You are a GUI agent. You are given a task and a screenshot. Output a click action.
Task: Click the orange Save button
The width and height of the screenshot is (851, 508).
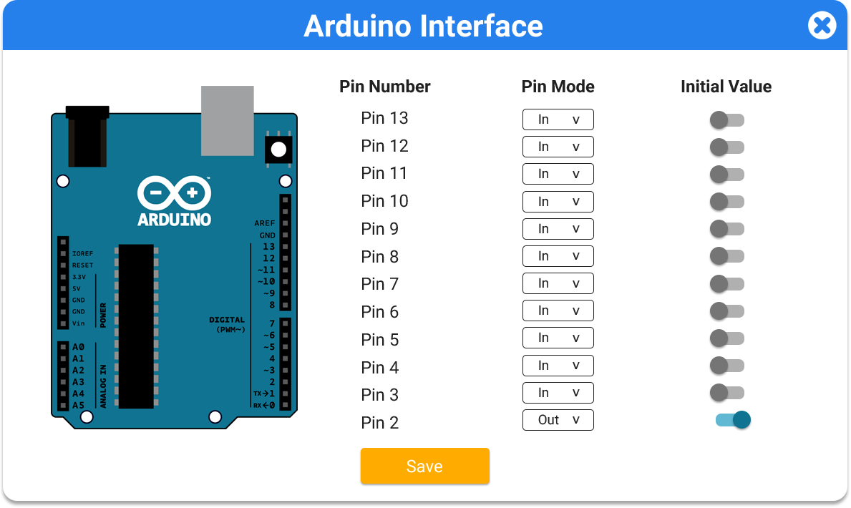pos(425,466)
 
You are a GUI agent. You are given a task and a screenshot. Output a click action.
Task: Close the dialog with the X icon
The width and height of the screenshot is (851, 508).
pos(822,26)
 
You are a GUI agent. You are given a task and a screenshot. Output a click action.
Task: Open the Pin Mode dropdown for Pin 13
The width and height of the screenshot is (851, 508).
pos(558,119)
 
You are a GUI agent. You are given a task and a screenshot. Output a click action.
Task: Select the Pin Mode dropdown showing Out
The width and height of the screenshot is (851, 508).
pos(558,420)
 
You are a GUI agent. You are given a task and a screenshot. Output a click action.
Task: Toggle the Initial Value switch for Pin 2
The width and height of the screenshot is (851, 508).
pos(733,420)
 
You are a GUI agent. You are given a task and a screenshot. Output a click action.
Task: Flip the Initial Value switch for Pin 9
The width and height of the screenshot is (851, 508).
pos(727,229)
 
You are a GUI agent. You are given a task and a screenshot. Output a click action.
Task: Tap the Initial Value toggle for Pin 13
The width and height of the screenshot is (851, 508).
pos(727,120)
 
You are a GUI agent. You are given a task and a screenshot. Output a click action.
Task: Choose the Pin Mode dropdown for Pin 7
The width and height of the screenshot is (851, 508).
pos(558,283)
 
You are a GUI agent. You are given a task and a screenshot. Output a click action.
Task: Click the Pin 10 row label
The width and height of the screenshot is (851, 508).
pos(384,201)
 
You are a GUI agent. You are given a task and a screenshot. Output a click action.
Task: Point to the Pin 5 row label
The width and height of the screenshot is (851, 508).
pos(380,340)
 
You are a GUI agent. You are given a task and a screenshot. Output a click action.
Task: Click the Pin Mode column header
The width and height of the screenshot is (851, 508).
pos(558,87)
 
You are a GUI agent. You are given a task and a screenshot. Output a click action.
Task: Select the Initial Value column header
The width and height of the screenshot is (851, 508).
pos(726,87)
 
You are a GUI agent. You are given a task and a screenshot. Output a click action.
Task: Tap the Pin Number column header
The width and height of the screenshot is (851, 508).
pos(385,87)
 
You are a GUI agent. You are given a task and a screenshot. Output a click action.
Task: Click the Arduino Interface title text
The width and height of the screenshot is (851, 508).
pos(423,26)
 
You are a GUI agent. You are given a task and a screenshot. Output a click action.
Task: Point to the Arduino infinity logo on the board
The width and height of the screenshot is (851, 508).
pos(174,192)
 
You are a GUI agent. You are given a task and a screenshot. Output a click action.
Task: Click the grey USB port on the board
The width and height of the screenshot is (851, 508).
pos(228,120)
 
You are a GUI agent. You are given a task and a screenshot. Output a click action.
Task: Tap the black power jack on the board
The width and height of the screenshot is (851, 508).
pos(87,136)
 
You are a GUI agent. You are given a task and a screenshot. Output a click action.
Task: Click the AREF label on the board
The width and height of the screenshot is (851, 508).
pos(264,223)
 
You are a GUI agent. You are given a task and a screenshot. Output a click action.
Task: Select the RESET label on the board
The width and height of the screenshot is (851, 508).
pos(82,265)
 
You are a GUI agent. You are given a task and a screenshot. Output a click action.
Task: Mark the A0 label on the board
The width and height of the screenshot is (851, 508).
pos(78,347)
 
